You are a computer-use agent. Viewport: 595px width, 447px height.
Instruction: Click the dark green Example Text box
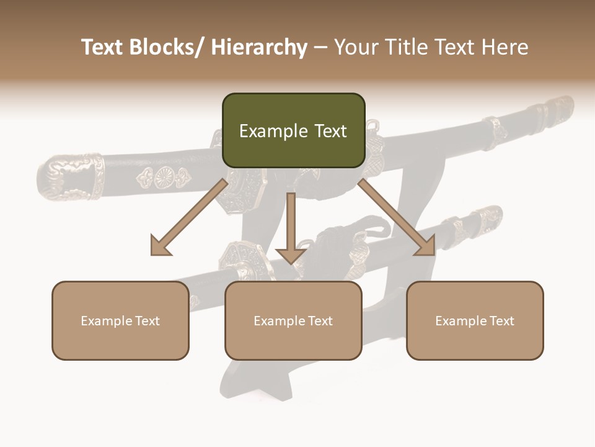point(293,130)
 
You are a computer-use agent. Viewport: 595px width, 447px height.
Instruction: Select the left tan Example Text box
point(120,320)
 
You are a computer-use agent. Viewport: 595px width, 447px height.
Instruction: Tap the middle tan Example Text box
point(293,320)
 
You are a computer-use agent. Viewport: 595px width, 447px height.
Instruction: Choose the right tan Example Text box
point(475,320)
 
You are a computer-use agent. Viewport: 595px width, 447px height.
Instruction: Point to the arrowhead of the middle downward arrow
point(291,255)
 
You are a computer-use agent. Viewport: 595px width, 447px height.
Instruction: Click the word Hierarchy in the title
point(259,47)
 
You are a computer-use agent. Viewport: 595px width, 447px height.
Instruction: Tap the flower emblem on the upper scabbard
point(164,178)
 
